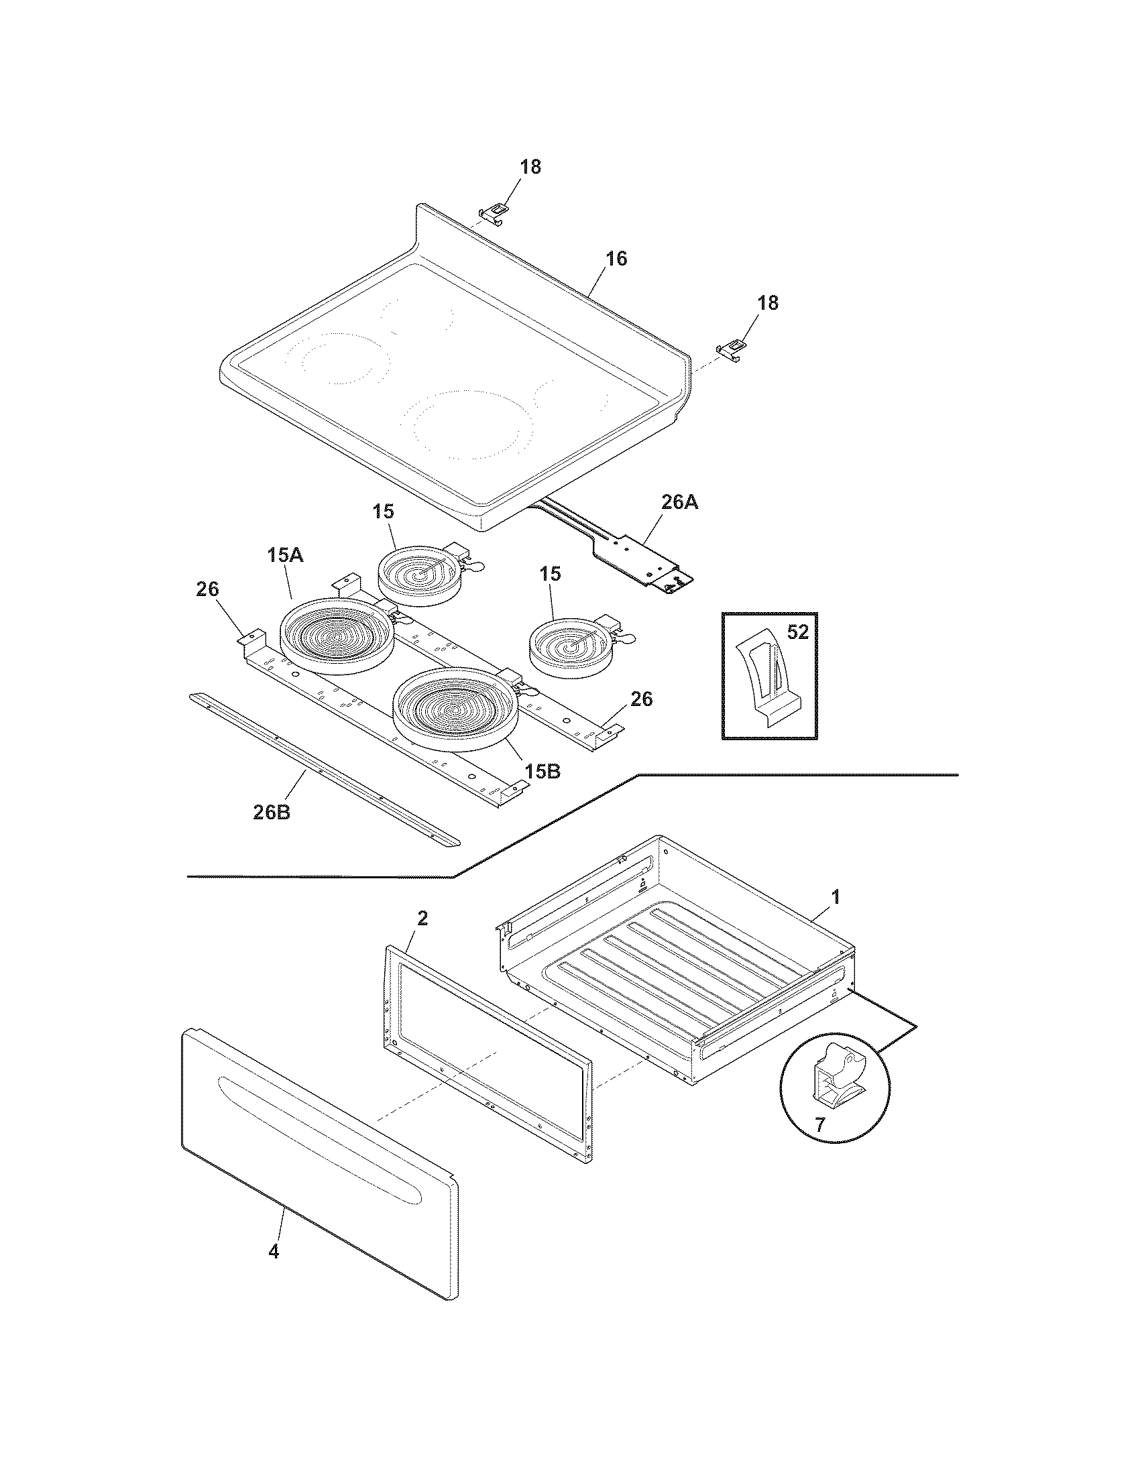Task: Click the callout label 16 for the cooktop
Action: pyautogui.click(x=615, y=259)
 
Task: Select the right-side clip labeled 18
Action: pyautogui.click(x=732, y=349)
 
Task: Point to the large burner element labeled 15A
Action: pyautogui.click(x=337, y=636)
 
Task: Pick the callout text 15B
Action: pyautogui.click(x=543, y=771)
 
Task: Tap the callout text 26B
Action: pyautogui.click(x=272, y=813)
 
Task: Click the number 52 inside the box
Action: pyautogui.click(x=798, y=632)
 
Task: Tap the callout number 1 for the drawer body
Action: pyautogui.click(x=836, y=897)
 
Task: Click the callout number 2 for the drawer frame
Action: pyautogui.click(x=422, y=918)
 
